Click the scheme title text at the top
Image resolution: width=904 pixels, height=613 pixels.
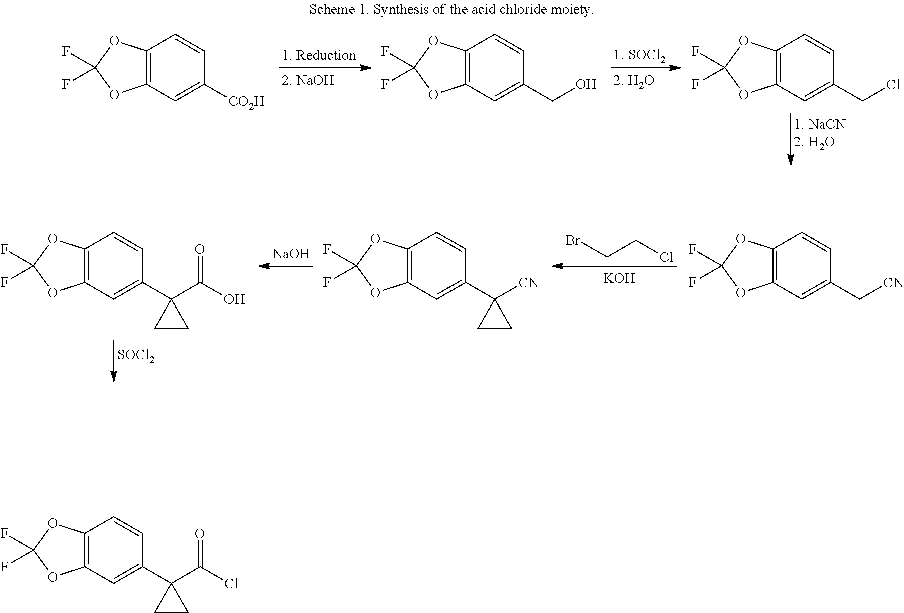point(452,9)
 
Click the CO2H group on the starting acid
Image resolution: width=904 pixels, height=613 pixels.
point(246,102)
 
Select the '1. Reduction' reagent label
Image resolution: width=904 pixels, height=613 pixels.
point(319,55)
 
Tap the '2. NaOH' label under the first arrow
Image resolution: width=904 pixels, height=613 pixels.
point(308,80)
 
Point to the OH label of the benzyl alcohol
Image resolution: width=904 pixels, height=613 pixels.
point(586,84)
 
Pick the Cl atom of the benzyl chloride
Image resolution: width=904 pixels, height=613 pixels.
point(893,84)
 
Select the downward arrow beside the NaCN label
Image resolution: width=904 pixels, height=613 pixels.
point(791,139)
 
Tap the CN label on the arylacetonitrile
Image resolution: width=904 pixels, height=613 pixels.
point(893,283)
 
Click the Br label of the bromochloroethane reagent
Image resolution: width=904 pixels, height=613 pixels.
point(573,240)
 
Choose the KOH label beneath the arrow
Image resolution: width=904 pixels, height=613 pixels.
point(619,278)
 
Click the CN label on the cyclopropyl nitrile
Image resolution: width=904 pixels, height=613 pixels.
point(529,283)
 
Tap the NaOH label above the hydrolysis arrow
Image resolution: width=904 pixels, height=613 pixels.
point(291,254)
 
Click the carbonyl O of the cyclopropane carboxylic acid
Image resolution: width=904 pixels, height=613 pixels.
point(200,249)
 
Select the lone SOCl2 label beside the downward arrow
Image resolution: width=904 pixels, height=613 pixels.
point(136,356)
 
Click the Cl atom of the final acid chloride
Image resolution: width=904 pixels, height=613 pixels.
point(231,584)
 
